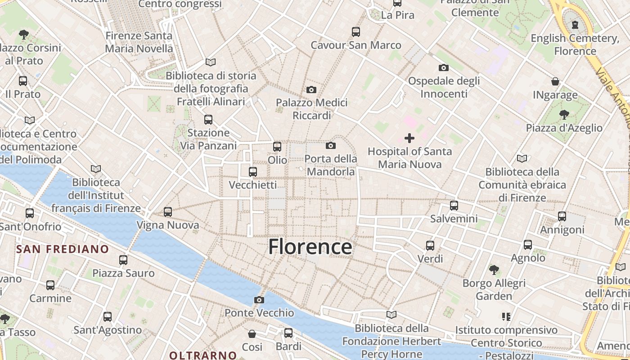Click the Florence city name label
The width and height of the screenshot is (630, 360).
click(x=310, y=247)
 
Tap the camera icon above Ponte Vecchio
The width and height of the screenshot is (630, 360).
click(x=259, y=300)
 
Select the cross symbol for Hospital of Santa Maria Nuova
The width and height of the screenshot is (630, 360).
click(x=409, y=138)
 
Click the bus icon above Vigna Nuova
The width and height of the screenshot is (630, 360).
click(x=168, y=211)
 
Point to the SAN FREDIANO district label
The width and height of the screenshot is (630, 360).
click(x=63, y=249)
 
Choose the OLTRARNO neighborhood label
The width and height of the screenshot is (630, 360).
click(x=203, y=355)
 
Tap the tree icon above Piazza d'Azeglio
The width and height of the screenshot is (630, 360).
click(x=564, y=115)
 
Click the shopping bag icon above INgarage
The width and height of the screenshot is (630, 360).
click(x=555, y=81)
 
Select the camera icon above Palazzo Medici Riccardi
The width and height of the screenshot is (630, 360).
click(x=311, y=90)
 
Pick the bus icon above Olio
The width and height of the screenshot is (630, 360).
click(x=277, y=146)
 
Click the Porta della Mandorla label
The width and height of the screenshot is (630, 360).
click(x=331, y=165)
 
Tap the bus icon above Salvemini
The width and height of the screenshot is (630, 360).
click(x=454, y=206)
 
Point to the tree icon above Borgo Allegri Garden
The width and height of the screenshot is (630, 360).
click(x=494, y=270)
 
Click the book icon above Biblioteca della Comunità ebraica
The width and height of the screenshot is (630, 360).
click(x=522, y=158)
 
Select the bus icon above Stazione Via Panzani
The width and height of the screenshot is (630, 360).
click(x=208, y=120)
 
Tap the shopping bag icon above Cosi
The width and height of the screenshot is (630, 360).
click(x=252, y=334)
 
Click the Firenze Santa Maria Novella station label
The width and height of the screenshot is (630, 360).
click(x=139, y=42)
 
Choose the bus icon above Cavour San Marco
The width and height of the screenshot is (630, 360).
click(x=356, y=32)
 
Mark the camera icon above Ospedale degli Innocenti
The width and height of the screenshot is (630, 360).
click(x=444, y=68)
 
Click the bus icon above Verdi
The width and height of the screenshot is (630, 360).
click(x=430, y=246)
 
